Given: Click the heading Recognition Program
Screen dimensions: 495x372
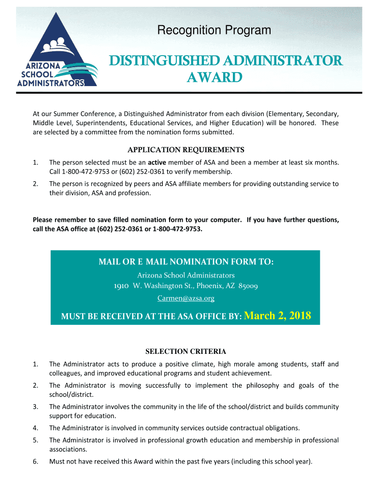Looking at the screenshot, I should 214,31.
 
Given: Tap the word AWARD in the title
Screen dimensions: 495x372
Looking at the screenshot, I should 214,78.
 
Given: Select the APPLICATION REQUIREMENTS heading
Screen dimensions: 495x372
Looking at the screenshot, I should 186,149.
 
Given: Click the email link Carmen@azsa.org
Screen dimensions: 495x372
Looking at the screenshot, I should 186,298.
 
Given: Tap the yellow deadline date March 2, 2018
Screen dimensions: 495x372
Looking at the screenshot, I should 277,316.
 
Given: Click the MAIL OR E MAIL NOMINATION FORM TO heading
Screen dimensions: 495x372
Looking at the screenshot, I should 186,262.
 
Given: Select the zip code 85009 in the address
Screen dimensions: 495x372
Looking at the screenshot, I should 246,286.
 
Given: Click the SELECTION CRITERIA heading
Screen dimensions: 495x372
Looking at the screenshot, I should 186,351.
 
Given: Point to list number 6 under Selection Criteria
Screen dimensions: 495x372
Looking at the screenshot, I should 35,461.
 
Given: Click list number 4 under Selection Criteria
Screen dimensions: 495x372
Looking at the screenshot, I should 35,428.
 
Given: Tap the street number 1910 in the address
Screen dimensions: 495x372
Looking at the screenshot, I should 121,286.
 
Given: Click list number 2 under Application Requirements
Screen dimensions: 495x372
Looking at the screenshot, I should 35,184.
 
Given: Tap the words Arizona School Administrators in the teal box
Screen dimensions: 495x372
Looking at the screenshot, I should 186,275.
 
